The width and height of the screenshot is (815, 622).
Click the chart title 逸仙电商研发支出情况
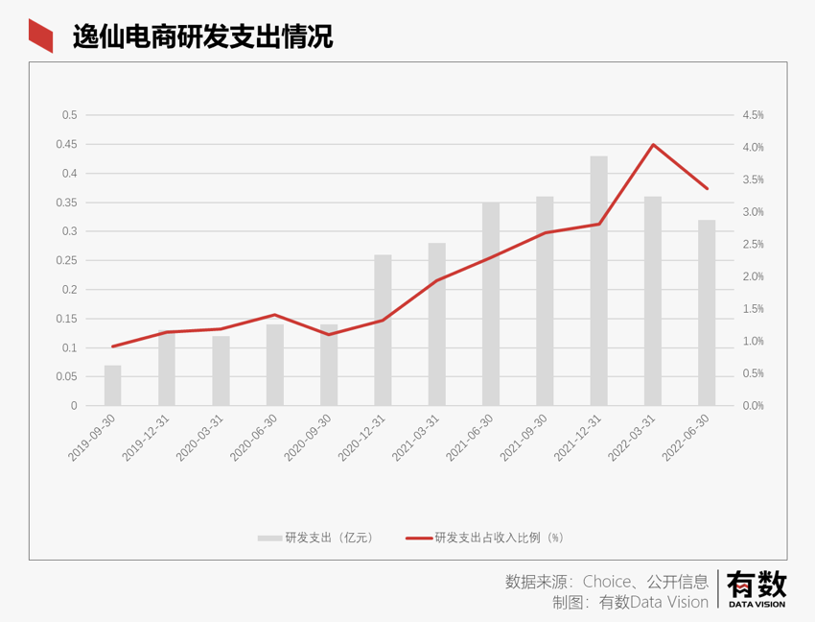point(202,36)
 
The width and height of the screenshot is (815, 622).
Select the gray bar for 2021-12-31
point(598,280)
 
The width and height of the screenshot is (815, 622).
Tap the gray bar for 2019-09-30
point(113,385)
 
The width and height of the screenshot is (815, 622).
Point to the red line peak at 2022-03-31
point(653,145)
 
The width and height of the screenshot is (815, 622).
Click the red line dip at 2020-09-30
point(329,334)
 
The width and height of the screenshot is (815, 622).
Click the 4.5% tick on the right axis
point(753,115)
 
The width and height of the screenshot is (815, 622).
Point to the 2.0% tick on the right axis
point(753,276)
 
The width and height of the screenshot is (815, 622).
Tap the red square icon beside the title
point(40,36)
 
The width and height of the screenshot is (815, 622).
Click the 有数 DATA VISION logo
point(757,587)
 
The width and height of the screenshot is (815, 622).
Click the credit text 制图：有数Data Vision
point(630,602)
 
